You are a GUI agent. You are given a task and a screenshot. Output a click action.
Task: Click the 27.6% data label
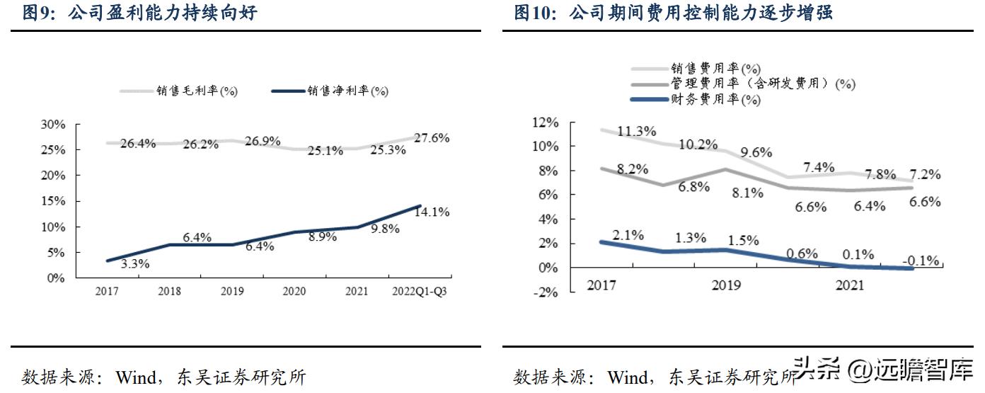pos(432,138)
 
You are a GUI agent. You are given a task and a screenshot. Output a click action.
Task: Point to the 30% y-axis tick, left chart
pos(54,125)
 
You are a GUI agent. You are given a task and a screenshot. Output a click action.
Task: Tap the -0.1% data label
pos(921,261)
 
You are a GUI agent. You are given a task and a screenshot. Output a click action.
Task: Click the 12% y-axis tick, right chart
pos(544,123)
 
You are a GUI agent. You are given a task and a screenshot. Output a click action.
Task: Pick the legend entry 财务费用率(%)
pos(715,100)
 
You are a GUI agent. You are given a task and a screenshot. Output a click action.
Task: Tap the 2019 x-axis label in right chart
pos(726,285)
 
